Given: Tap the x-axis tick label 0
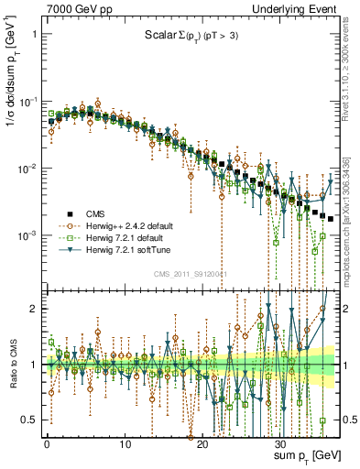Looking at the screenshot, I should pos(46,444).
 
